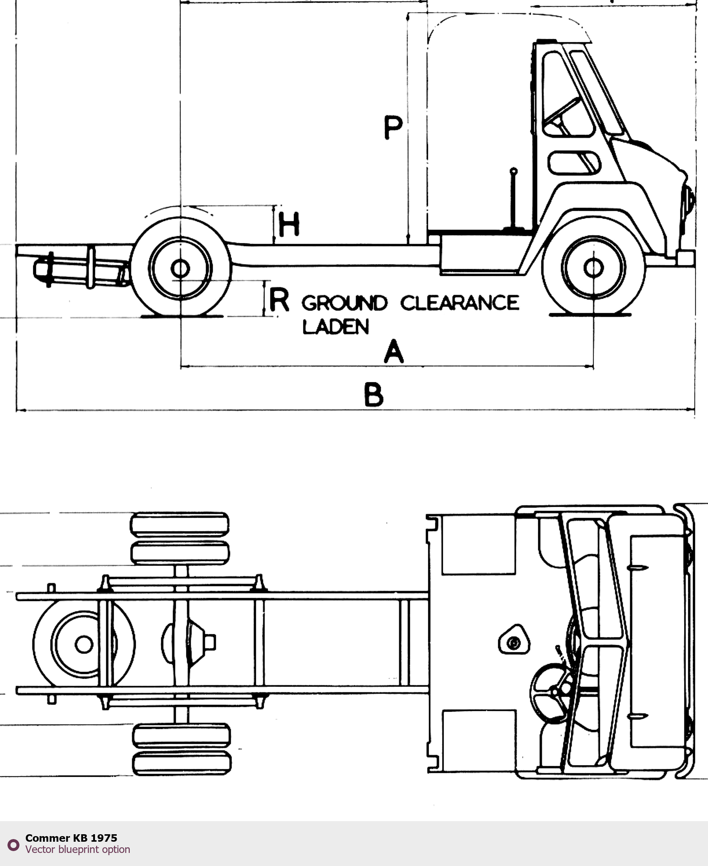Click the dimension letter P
pyautogui.click(x=393, y=127)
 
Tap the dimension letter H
pyautogui.click(x=289, y=225)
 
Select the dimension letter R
pyautogui.click(x=279, y=299)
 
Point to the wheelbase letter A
pyautogui.click(x=393, y=352)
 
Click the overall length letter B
pyautogui.click(x=374, y=394)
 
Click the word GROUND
pyautogui.click(x=344, y=303)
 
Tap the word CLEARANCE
pyautogui.click(x=460, y=303)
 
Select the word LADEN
pyautogui.click(x=335, y=327)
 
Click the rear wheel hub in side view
pyautogui.click(x=180, y=268)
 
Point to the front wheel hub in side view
pyautogui.click(x=594, y=268)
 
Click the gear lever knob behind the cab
pyautogui.click(x=514, y=171)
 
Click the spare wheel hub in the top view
pyautogui.click(x=84, y=644)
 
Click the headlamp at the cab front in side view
pyautogui.click(x=689, y=200)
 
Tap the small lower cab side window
pyautogui.click(x=574, y=163)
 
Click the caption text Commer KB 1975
pyautogui.click(x=71, y=838)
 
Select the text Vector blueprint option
pyautogui.click(x=77, y=849)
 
